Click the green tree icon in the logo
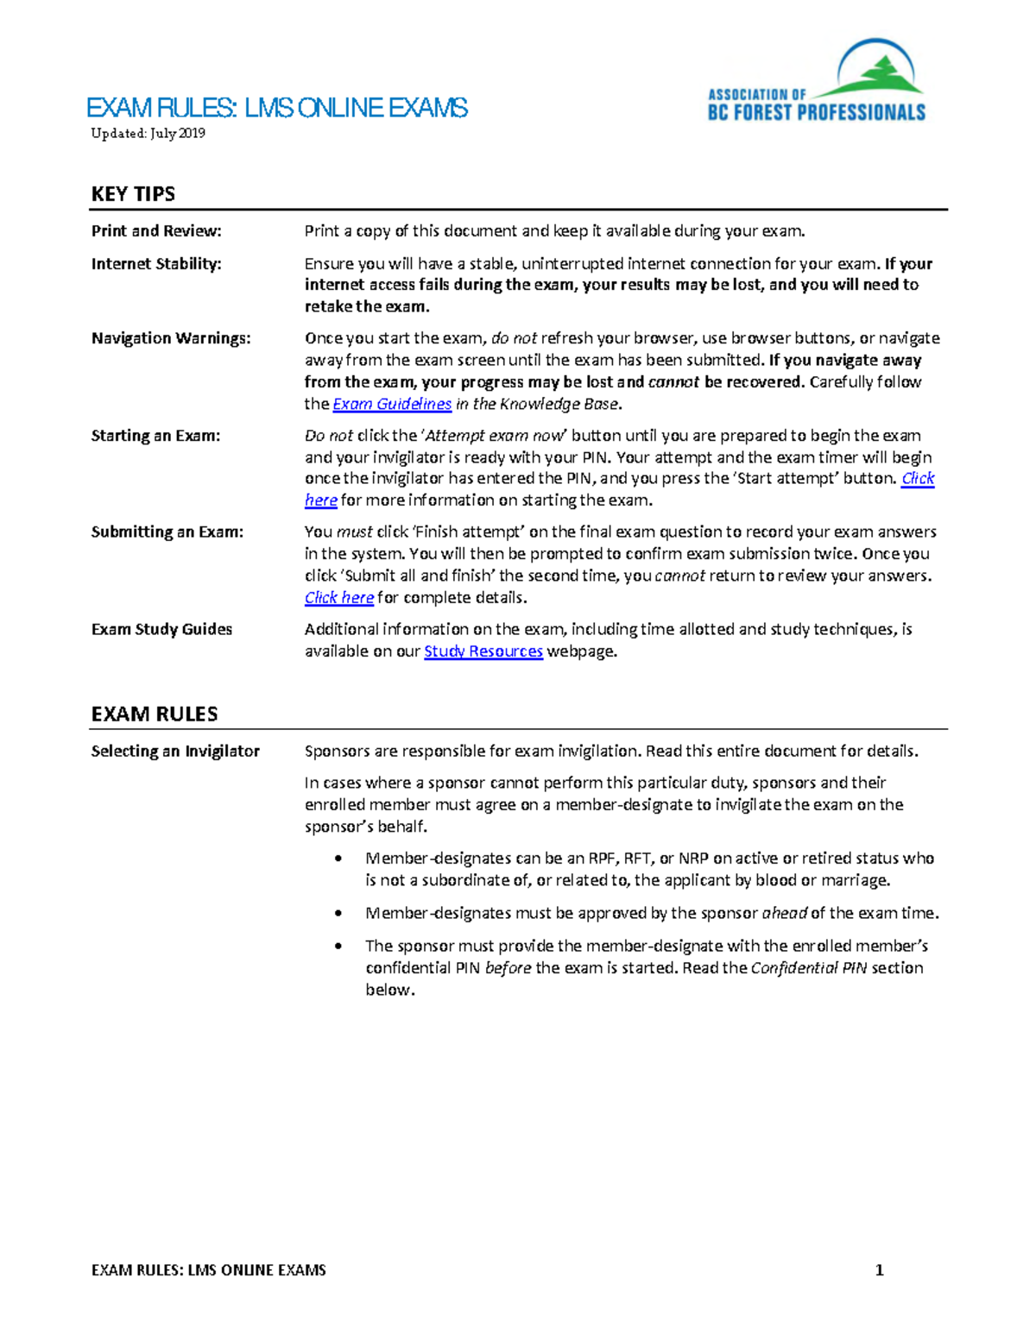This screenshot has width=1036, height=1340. coord(880,74)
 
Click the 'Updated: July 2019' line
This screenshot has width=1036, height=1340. coord(148,133)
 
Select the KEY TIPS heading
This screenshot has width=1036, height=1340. coord(133,194)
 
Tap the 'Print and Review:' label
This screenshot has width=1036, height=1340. coord(156,231)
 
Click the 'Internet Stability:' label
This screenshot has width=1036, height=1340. coord(156,264)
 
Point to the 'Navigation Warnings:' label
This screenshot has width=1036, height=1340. coord(171,338)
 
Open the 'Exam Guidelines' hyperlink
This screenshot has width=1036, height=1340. coord(392,404)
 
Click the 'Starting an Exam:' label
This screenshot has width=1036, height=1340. coord(155,436)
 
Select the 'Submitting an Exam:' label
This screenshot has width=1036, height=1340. coord(167,532)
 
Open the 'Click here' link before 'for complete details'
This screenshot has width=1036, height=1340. coord(339,598)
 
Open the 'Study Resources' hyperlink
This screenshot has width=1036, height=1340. coord(483,651)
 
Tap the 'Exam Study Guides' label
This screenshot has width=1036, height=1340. coord(161,629)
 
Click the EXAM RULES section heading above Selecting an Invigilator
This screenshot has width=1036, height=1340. coord(155,714)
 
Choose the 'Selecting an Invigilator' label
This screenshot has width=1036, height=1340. coord(175,752)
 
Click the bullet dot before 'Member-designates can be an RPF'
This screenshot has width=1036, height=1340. coord(339,859)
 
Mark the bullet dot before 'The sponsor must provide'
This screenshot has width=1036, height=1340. coord(339,947)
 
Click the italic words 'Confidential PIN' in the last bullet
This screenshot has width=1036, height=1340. coord(808,968)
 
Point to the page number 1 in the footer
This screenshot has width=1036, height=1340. coord(879,1270)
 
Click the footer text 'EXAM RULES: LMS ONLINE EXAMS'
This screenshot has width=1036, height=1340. coord(209,1270)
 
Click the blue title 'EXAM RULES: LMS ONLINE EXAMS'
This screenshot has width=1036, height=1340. coord(277,108)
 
